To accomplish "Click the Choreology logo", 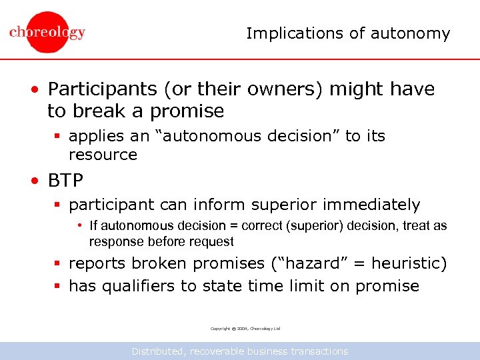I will point(47,32).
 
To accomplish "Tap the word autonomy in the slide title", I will point(417,33).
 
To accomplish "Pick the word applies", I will point(92,136).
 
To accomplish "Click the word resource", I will point(103,155).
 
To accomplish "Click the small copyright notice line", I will point(245,329).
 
